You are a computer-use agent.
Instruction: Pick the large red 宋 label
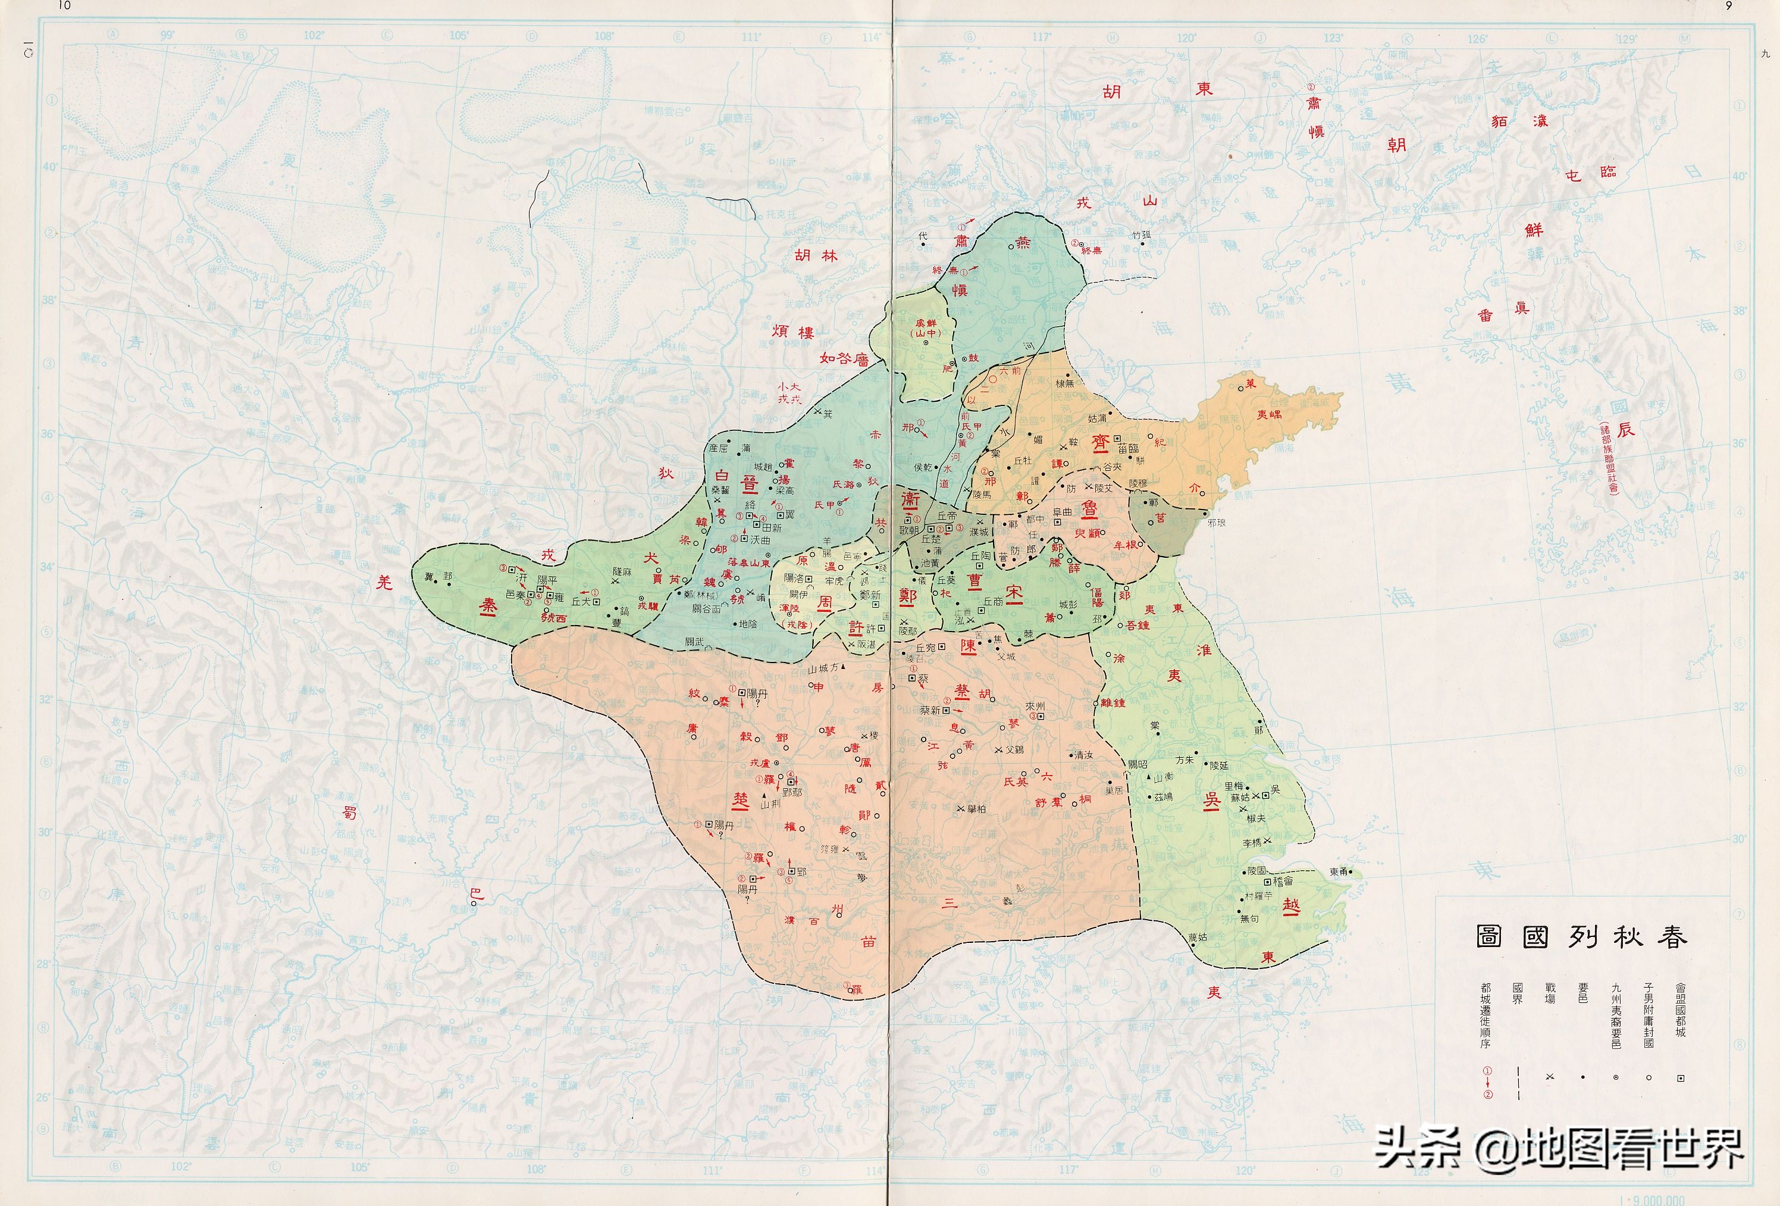click(x=1014, y=594)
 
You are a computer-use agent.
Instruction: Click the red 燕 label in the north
click(x=1023, y=243)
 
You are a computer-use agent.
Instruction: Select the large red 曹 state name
click(x=974, y=582)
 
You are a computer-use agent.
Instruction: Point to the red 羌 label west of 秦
click(x=384, y=582)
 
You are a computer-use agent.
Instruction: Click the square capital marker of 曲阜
click(x=1058, y=522)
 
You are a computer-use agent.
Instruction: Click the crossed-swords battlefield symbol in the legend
click(x=1550, y=1077)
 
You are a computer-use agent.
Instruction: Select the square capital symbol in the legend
click(x=1681, y=1078)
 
